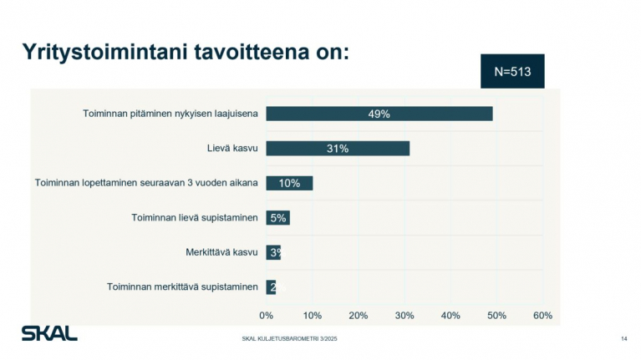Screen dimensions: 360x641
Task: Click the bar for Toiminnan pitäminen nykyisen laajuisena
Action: click(379, 114)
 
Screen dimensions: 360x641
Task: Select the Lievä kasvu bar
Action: click(338, 149)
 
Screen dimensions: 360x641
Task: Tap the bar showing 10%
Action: click(289, 183)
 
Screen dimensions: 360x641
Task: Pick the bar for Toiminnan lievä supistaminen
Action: click(277, 218)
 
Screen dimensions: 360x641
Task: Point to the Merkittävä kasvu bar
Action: click(273, 252)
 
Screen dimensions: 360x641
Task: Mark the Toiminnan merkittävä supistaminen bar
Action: click(271, 287)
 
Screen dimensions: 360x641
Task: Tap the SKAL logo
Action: click(49, 332)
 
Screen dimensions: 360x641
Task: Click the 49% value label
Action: click(379, 114)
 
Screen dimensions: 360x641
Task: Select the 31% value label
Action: click(338, 149)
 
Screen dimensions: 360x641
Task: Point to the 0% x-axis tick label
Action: click(266, 315)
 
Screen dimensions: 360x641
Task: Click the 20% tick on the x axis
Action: click(358, 315)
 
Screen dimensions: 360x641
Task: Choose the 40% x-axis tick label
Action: click(450, 315)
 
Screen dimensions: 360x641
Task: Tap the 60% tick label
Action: click(542, 315)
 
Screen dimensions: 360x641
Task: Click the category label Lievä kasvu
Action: click(231, 149)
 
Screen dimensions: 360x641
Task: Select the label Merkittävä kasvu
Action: click(221, 252)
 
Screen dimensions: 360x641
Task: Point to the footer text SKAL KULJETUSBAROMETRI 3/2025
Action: click(289, 338)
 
